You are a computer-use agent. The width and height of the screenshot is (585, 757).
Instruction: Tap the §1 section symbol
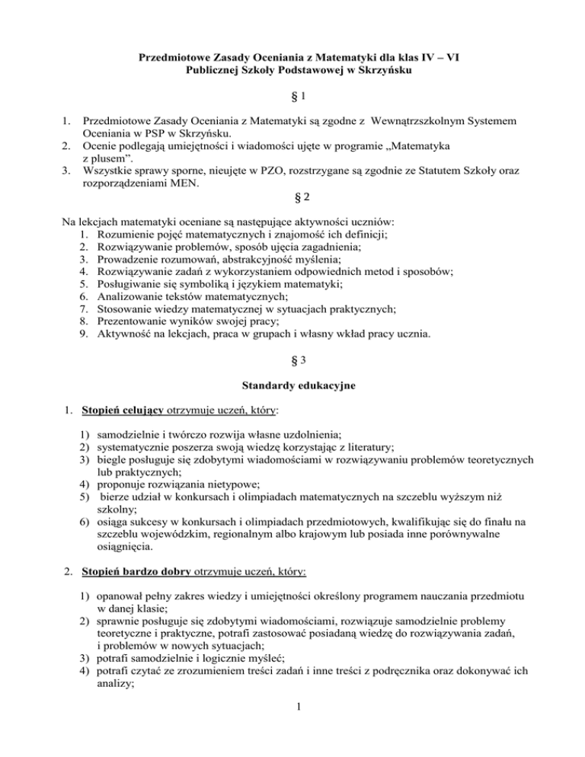pyautogui.click(x=292, y=99)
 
